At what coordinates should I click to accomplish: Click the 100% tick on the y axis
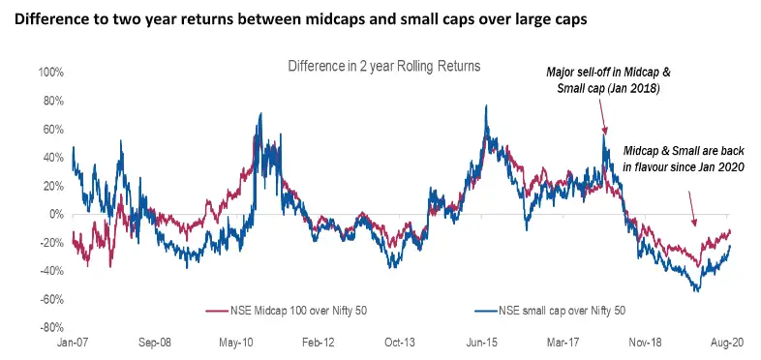49,73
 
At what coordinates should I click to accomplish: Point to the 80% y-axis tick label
51,101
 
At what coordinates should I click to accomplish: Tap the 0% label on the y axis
54,215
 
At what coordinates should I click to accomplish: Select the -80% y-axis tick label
49,328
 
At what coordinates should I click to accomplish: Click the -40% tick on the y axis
49,271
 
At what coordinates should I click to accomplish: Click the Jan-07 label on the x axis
73,343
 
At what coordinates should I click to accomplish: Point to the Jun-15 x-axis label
483,343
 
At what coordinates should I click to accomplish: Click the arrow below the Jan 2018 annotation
603,116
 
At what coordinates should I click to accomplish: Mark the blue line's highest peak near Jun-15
485,105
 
